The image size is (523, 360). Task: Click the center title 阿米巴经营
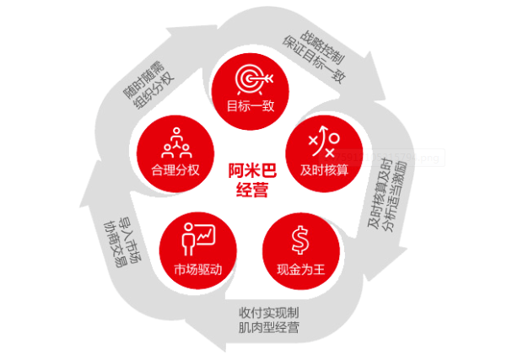[249, 180]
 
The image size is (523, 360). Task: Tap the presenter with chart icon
[197, 238]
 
